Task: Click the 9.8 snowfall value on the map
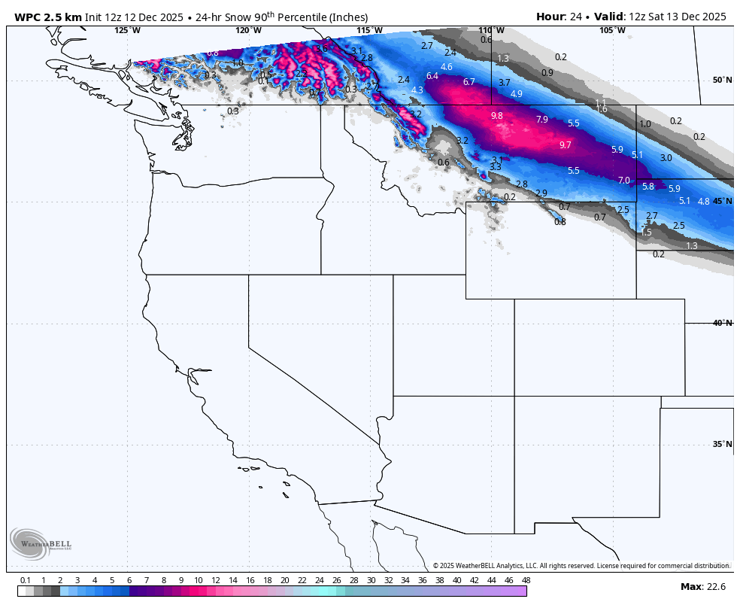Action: [x=496, y=116]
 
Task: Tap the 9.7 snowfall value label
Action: [x=566, y=144]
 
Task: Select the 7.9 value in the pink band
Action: [x=541, y=120]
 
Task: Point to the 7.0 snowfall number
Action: [x=623, y=181]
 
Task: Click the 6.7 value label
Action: [x=469, y=82]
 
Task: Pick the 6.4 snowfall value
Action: [x=432, y=76]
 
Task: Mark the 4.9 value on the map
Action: [x=516, y=94]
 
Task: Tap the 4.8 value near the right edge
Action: [x=703, y=201]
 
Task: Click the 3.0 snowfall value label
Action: [x=666, y=158]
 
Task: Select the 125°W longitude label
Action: [x=127, y=30]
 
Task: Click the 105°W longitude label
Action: [x=612, y=30]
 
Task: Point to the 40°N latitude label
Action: [x=722, y=323]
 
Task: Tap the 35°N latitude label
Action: [x=722, y=444]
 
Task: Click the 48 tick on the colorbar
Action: [x=526, y=580]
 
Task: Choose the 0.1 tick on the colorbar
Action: [x=26, y=580]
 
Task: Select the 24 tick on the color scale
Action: [x=319, y=580]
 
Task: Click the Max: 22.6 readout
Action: [x=702, y=587]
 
